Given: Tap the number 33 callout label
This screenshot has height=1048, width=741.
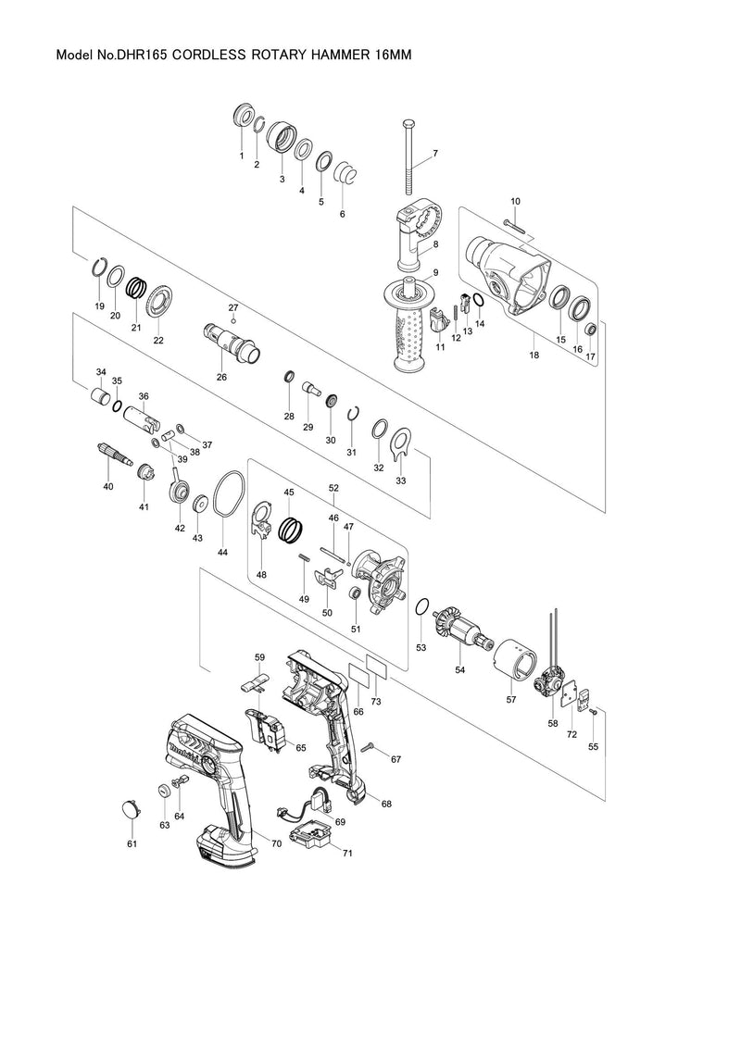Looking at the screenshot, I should [401, 481].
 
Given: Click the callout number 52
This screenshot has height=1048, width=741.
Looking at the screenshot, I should [333, 487].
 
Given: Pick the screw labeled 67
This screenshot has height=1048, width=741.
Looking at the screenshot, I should [369, 745].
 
